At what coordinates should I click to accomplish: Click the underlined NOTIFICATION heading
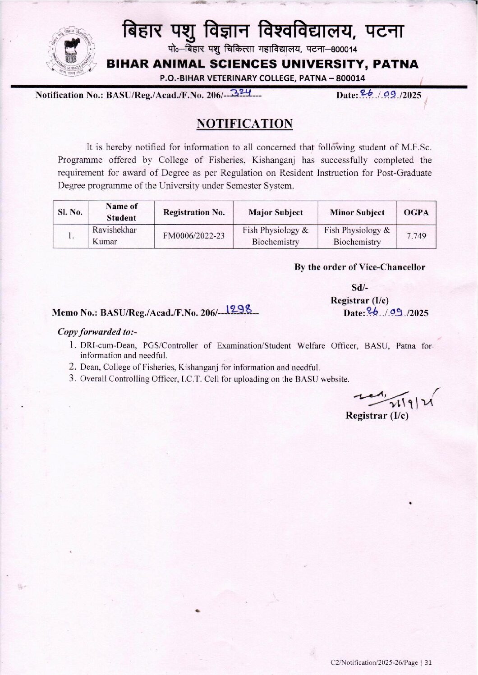pyautogui.click(x=244, y=124)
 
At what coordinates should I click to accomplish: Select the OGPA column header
pyautogui.click(x=416, y=212)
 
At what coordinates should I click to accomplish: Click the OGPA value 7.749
pyautogui.click(x=416, y=236)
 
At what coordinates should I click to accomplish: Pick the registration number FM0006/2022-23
pyautogui.click(x=194, y=236)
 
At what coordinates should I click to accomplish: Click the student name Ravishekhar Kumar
pyautogui.click(x=114, y=235)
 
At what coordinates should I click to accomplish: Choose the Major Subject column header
pyautogui.click(x=276, y=212)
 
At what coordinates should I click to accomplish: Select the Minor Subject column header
pyautogui.click(x=357, y=212)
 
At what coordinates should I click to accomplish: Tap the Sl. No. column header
pyautogui.click(x=70, y=212)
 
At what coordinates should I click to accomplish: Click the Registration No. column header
pyautogui.click(x=194, y=212)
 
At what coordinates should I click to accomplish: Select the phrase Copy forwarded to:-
pyautogui.click(x=97, y=332)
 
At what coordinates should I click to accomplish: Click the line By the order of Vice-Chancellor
pyautogui.click(x=359, y=267)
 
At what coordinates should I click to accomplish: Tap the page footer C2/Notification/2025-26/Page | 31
pyautogui.click(x=381, y=662)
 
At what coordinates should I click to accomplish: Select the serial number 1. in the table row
pyautogui.click(x=70, y=236)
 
